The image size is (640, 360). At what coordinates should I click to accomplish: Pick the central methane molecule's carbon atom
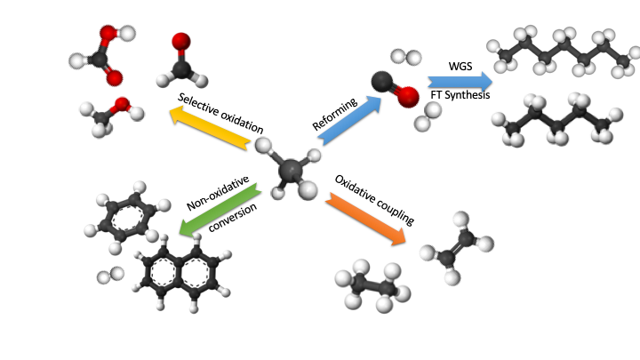(x=291, y=168)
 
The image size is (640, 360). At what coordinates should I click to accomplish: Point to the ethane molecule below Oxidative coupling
(x=373, y=286)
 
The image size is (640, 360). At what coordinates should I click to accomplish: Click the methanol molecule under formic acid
(x=111, y=114)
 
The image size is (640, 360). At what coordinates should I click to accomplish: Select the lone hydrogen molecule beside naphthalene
(x=109, y=277)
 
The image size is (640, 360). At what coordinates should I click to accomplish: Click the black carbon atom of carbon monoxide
(x=384, y=81)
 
